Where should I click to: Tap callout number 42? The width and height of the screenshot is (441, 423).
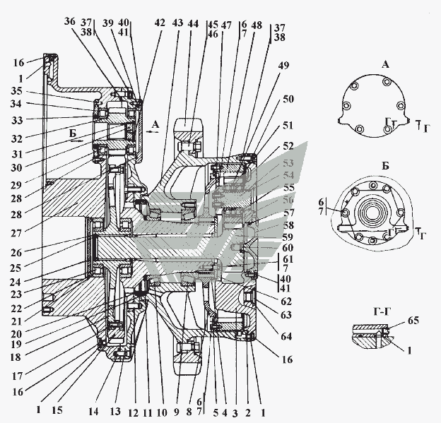[x=159, y=23]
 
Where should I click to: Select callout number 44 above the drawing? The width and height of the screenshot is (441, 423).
[x=193, y=23]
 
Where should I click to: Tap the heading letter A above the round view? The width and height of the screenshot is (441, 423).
[x=385, y=64]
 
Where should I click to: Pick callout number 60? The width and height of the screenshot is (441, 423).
[x=286, y=248]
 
